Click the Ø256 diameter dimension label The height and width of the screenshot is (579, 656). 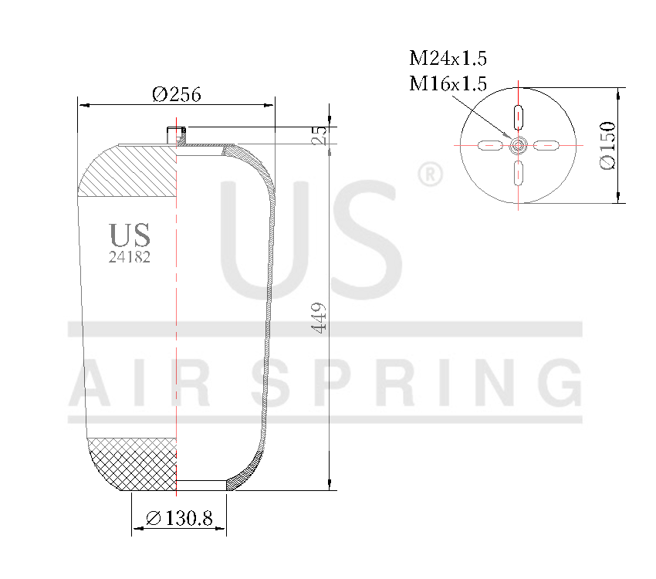[177, 94]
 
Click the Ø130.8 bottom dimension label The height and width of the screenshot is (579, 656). [179, 519]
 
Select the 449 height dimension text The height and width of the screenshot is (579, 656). [320, 317]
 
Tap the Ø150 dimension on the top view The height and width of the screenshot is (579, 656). [607, 145]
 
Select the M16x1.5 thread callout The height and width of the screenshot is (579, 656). [448, 83]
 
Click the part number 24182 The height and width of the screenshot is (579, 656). [130, 258]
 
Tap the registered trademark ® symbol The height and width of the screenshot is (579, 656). [430, 175]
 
